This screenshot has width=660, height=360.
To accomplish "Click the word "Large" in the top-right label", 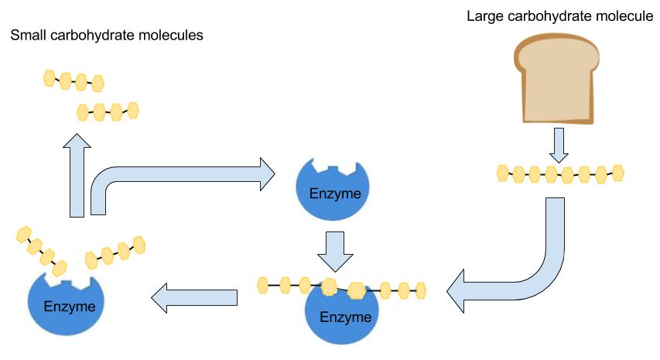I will [484, 16].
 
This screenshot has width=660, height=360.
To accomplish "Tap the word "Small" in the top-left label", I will [28, 36].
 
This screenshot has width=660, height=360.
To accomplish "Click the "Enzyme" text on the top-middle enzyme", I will [335, 194].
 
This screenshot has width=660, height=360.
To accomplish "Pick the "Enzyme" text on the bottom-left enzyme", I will [70, 307].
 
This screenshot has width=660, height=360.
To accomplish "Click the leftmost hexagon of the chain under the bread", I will [503, 172].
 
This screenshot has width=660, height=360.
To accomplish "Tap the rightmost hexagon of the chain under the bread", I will [617, 172].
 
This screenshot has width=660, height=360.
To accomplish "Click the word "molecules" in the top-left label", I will [172, 36].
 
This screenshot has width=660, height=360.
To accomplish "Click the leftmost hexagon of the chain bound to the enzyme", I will [263, 284].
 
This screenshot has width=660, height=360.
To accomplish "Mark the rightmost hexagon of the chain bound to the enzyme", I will [421, 290].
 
